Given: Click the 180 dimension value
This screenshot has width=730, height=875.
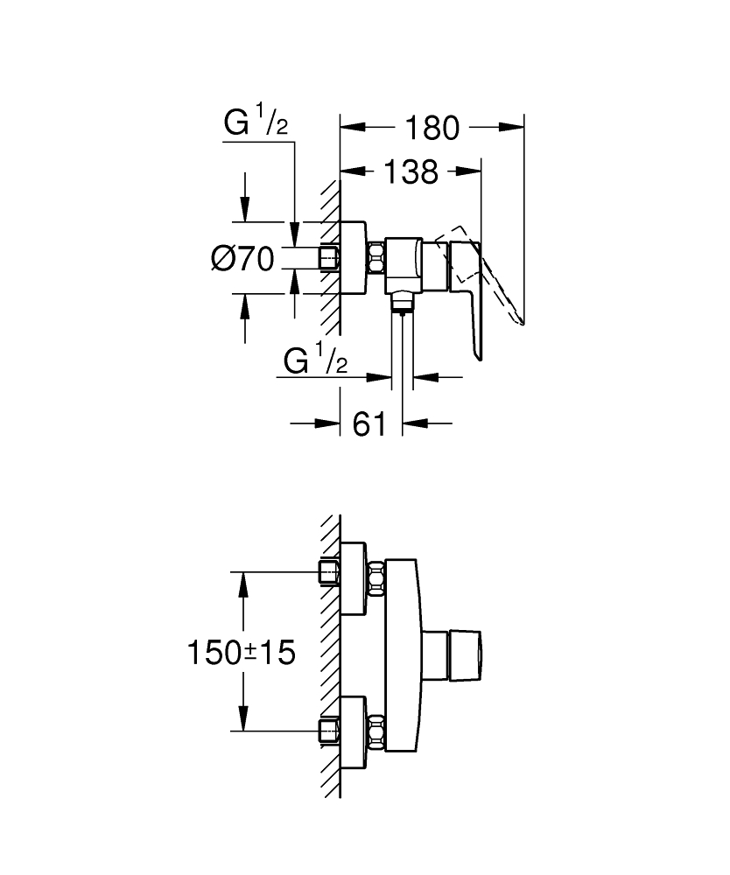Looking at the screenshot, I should (432, 128).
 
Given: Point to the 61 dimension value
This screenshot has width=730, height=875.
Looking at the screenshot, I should (369, 424).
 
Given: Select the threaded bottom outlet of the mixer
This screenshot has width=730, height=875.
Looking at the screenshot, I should (402, 303).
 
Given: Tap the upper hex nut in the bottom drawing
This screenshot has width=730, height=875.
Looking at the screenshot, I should (377, 578).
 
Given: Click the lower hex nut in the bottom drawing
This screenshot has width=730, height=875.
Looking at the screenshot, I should (377, 731).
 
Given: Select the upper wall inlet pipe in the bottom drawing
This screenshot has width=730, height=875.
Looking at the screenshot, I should (329, 572).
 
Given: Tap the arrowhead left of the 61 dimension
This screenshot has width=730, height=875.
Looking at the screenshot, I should (329, 424).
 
